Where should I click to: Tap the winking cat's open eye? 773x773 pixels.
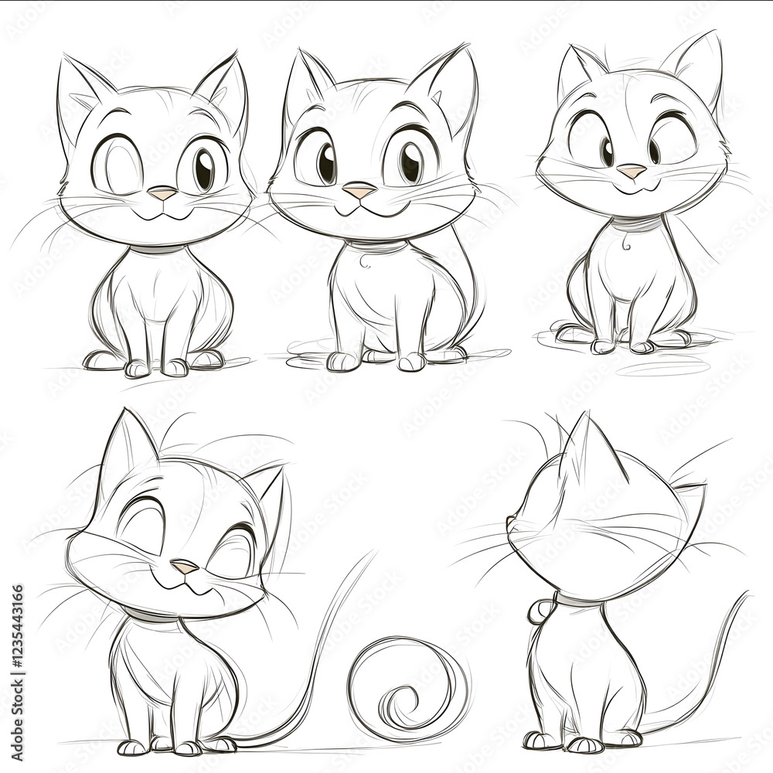pyautogui.click(x=203, y=169)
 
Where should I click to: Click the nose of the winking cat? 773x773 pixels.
pyautogui.click(x=162, y=193)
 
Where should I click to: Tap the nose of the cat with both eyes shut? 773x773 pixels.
pyautogui.click(x=184, y=567)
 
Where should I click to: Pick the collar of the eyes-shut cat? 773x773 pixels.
pyautogui.click(x=147, y=615)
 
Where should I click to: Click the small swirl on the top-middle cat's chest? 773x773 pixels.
pyautogui.click(x=364, y=264)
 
